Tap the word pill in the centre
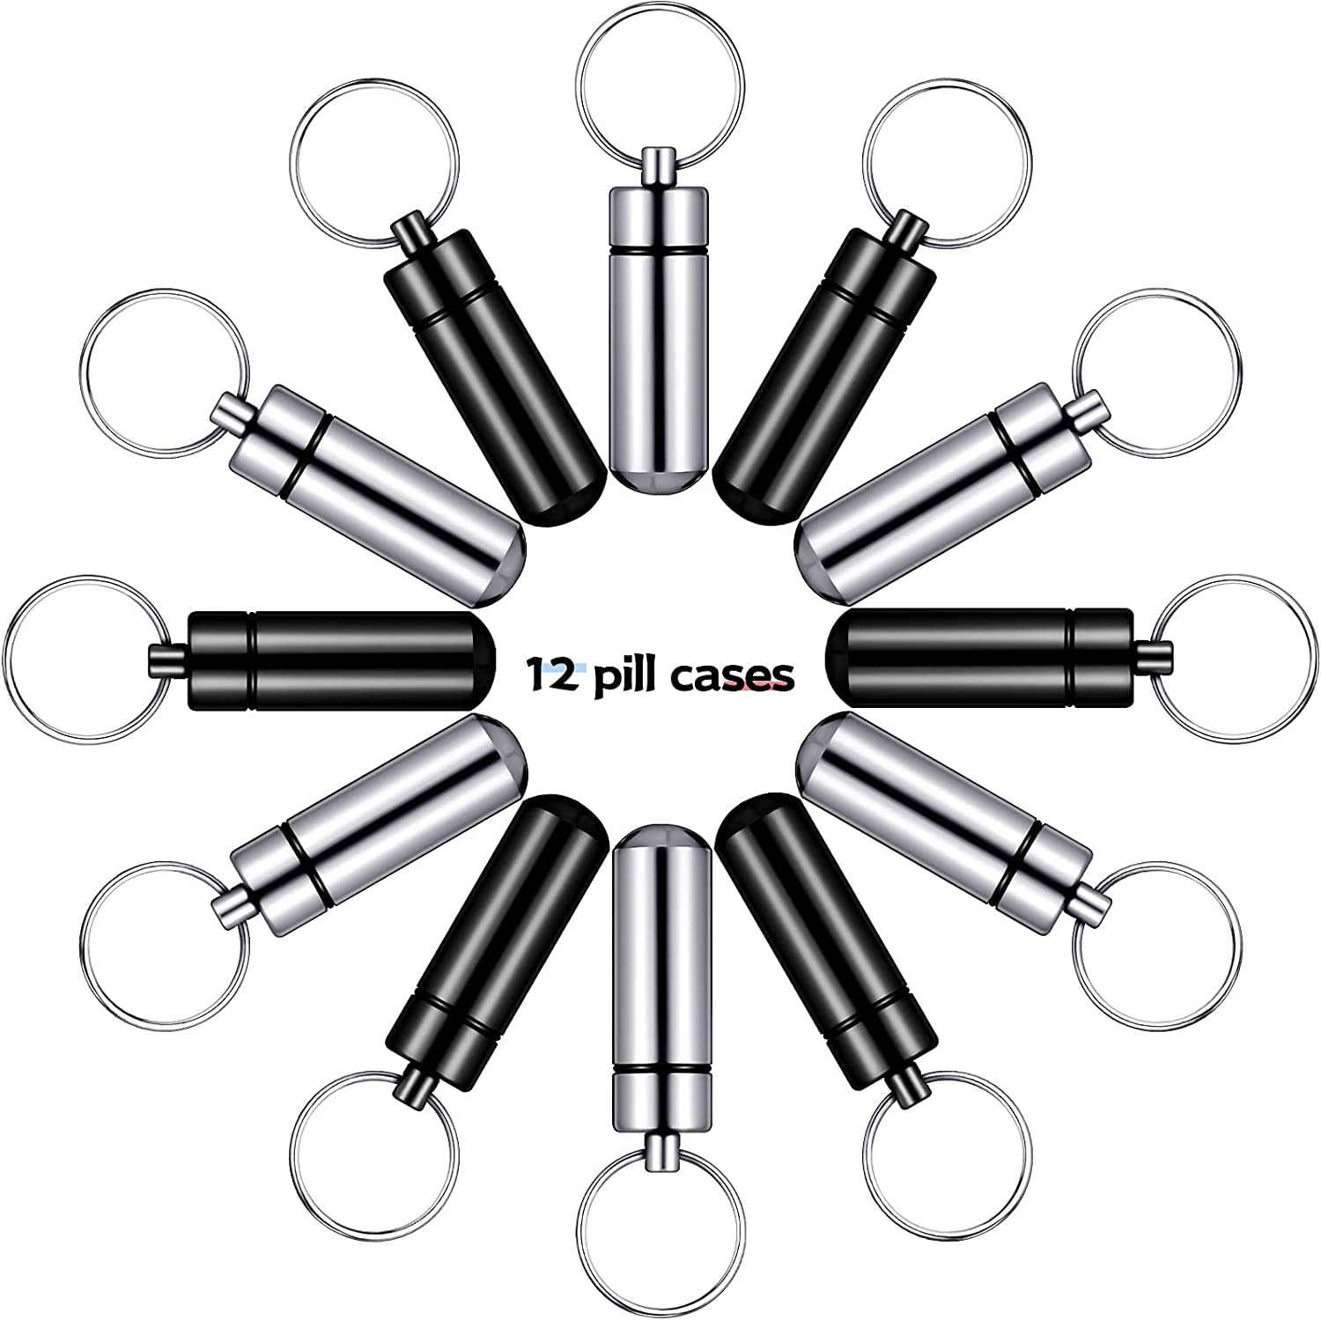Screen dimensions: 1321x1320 coord(622,676)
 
